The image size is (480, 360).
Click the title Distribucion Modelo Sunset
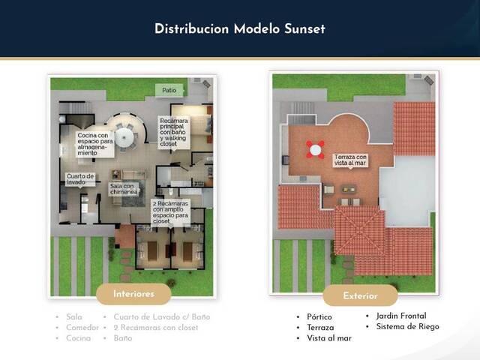coord(240,28)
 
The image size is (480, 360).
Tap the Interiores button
coord(134,294)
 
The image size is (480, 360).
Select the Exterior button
coord(360,295)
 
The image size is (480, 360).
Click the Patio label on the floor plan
coord(169,90)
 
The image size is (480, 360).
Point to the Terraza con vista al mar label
coord(351,159)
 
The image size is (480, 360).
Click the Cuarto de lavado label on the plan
coord(80,179)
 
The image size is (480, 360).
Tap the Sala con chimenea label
coord(124,189)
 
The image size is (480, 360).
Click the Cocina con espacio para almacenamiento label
coord(95,142)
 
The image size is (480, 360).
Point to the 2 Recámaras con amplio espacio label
coord(171,213)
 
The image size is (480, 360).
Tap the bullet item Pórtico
coord(319,317)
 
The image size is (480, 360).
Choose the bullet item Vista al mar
coord(329,338)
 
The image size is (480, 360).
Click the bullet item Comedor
coord(82,328)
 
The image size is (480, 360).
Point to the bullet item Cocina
coord(78,338)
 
